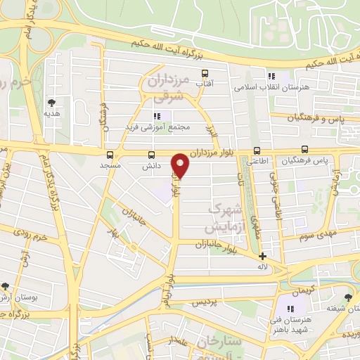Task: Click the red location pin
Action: [181, 165]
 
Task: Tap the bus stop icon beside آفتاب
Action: [205, 73]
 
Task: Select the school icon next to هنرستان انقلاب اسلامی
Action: [271, 75]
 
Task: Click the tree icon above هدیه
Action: [51, 102]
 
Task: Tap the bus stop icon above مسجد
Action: [110, 155]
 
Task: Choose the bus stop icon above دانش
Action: [151, 155]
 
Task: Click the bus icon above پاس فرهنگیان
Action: [304, 149]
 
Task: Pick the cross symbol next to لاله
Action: [262, 257]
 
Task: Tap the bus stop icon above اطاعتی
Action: [257, 150]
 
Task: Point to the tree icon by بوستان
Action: [5, 287]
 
